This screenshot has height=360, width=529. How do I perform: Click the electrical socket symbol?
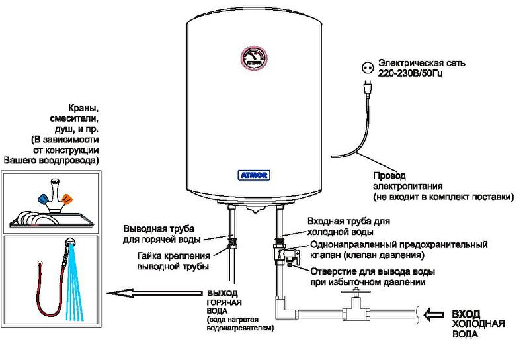pyautogui.click(x=366, y=67)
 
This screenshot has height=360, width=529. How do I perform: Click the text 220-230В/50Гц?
pyautogui.click(x=414, y=74)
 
